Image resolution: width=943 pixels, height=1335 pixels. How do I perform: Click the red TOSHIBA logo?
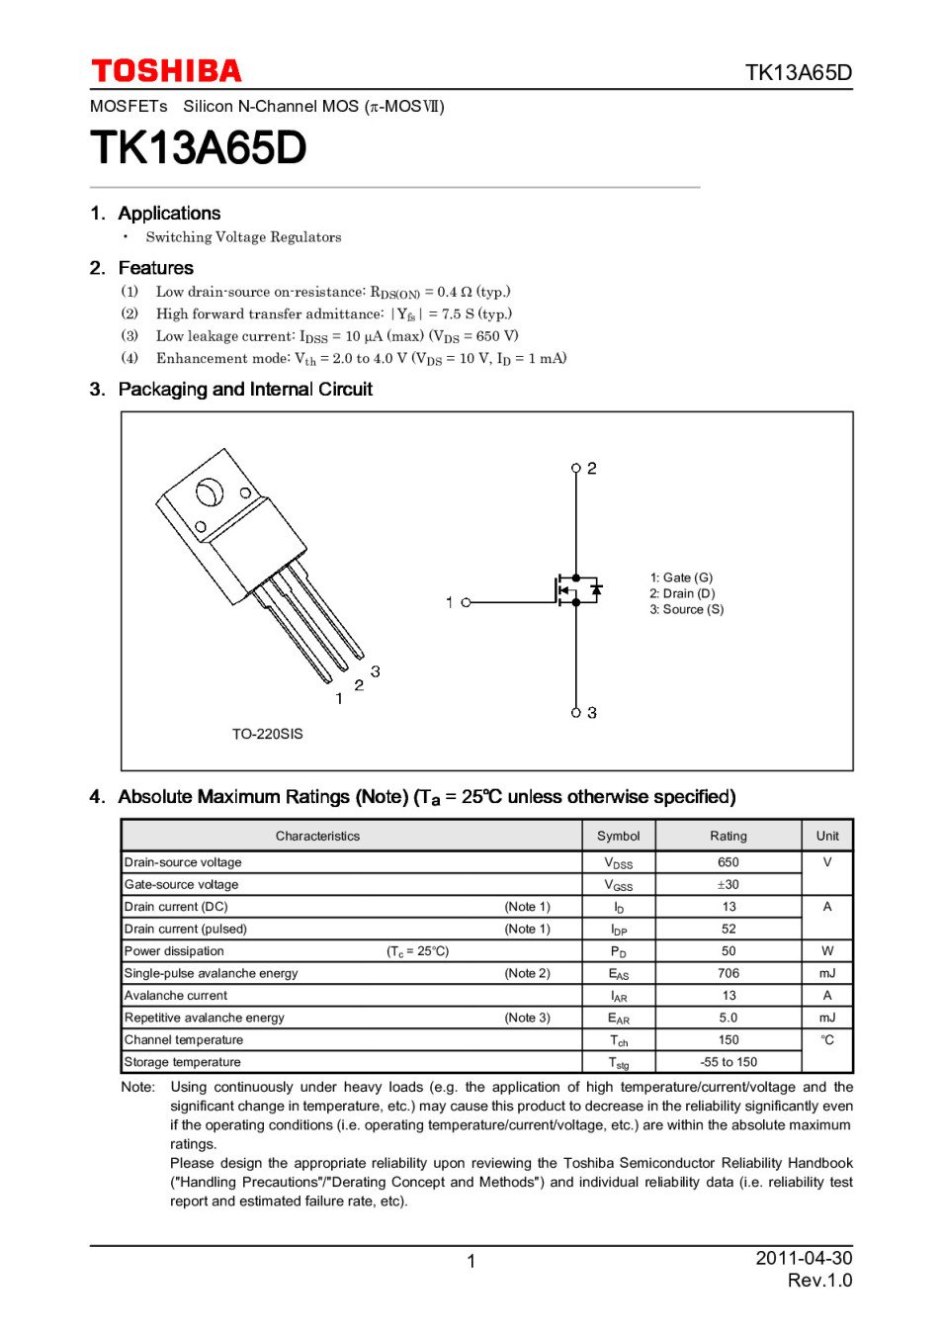click(166, 71)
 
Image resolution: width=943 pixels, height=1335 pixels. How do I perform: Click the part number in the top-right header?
click(798, 72)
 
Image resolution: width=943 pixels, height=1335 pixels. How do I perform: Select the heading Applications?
click(169, 214)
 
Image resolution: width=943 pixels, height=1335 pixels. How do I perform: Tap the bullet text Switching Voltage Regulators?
click(243, 237)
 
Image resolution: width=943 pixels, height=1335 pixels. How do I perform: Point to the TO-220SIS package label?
click(267, 734)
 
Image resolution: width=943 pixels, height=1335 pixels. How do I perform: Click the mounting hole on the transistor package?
click(209, 491)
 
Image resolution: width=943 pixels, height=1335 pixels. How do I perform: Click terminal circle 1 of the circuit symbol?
click(467, 602)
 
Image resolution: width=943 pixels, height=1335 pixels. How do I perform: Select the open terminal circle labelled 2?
click(576, 468)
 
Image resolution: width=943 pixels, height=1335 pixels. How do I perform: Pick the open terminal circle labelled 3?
click(576, 712)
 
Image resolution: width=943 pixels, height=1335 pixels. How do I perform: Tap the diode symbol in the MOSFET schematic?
click(596, 590)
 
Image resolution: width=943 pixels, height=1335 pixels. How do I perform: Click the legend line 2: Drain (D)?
click(682, 593)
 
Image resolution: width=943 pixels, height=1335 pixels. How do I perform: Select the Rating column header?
click(729, 836)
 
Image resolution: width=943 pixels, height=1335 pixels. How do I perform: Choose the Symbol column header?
click(619, 836)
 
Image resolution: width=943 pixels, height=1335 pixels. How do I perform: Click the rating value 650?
click(729, 862)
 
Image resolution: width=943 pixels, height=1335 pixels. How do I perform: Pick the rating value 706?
click(729, 973)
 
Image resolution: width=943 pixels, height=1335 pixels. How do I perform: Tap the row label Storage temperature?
click(183, 1062)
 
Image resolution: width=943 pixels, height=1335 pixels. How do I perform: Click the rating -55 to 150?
click(729, 1062)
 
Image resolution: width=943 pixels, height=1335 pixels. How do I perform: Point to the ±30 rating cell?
click(729, 884)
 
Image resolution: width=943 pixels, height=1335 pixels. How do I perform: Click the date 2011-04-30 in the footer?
click(804, 1258)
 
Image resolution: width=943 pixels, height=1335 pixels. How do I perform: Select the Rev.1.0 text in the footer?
click(819, 1281)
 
